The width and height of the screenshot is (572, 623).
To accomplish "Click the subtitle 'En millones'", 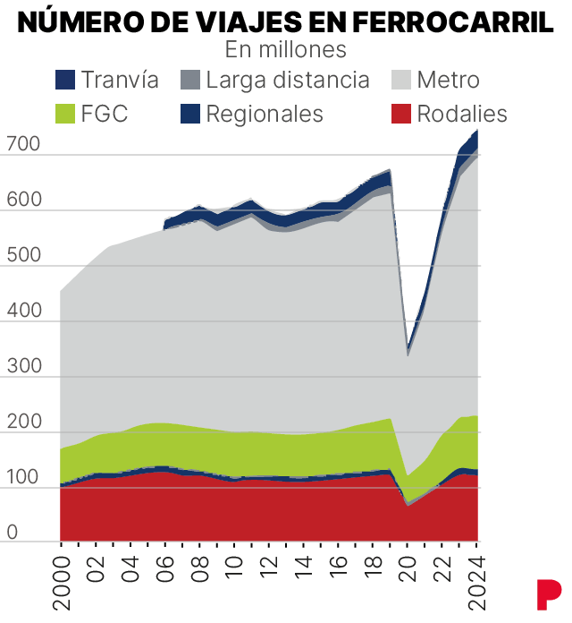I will click(x=285, y=48).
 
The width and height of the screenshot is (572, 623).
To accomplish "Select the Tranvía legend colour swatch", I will click(x=65, y=81).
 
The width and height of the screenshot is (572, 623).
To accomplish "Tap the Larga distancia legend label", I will click(x=287, y=80).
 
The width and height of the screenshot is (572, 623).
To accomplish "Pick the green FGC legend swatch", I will click(x=65, y=114).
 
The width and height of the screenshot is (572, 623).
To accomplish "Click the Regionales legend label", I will click(x=264, y=114).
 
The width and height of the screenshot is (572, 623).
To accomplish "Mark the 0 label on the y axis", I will click(x=13, y=533).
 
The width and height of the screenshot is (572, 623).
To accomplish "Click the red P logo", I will click(x=548, y=594).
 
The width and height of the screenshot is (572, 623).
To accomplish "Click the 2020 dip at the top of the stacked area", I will click(x=408, y=349).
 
